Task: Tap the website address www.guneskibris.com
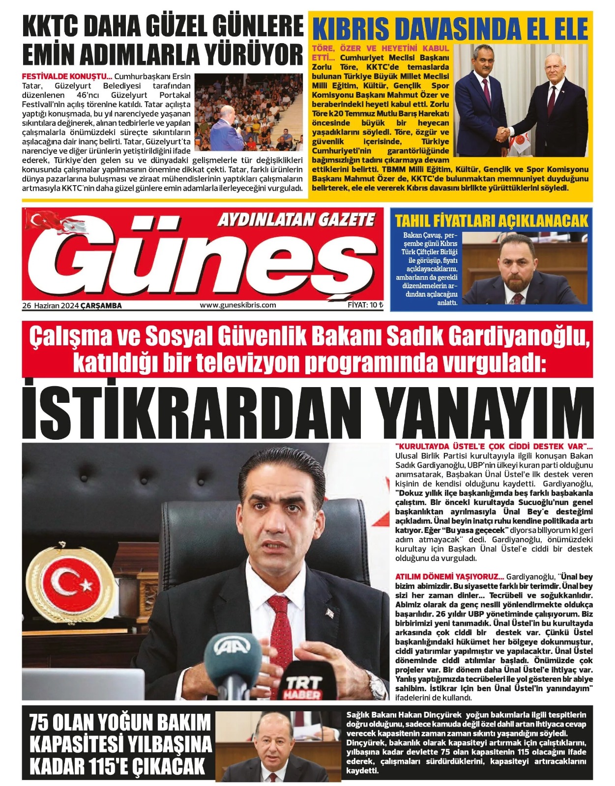point(238,305)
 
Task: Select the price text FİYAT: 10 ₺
point(365,305)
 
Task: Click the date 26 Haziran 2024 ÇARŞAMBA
point(72,306)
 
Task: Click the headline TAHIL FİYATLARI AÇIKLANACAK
point(491,221)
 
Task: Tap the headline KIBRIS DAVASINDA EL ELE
point(450,29)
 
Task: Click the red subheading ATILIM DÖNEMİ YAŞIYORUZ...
point(449,576)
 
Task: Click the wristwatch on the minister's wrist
point(377,684)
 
